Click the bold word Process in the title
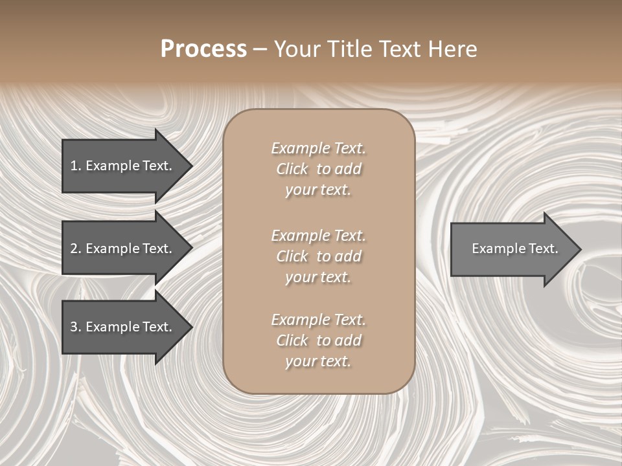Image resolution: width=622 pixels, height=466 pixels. pos(203,49)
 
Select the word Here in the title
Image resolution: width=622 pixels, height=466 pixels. pos(452,49)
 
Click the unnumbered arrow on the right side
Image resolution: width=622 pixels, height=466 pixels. pos(512,249)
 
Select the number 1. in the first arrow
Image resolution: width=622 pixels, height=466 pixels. pos(76,166)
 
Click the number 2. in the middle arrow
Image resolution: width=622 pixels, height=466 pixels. pos(76,249)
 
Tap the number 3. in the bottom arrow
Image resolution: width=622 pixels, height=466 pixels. pos(76,327)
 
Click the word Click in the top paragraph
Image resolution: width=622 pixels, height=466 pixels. pos(292,169)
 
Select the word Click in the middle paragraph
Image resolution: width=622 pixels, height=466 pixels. pos(292,256)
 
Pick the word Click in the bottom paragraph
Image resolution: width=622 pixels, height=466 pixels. pos(292,340)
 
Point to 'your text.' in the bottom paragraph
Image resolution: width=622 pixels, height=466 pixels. pos(318,362)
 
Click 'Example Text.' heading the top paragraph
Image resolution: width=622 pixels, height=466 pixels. pos(318,148)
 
